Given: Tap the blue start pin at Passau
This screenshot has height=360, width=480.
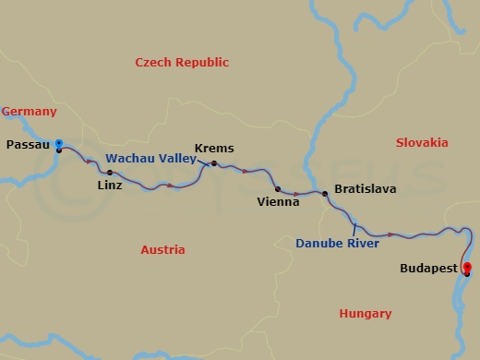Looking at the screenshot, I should [58, 144].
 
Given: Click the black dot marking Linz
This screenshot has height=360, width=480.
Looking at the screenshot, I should [110, 173].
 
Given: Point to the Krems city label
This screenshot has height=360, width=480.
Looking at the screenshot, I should [214, 148].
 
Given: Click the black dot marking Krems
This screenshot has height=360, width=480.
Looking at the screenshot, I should [214, 164].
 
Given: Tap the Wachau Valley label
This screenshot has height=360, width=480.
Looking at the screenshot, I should [150, 158].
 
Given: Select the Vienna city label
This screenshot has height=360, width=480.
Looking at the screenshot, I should [278, 199].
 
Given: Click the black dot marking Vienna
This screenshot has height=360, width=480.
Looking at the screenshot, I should [278, 188].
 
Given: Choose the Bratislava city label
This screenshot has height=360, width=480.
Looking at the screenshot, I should [366, 188].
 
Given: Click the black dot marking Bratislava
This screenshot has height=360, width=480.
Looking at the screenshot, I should [325, 193].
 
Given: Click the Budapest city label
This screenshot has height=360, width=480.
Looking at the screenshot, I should [429, 270].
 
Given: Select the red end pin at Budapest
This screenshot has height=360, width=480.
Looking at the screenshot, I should [467, 269].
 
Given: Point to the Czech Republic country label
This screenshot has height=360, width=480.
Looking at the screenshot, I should [182, 62].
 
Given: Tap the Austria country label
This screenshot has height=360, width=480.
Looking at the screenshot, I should [162, 250].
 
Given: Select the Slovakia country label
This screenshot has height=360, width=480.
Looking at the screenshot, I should [421, 142].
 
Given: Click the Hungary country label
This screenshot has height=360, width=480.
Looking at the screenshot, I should [366, 314].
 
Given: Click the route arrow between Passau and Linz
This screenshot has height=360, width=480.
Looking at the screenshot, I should [89, 162].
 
